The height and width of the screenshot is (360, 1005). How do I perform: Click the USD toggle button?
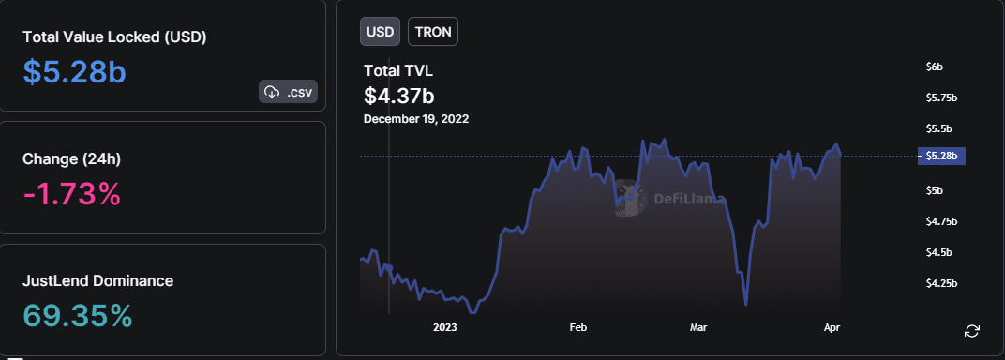click(x=380, y=31)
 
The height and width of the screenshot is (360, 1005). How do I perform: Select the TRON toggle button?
click(x=433, y=31)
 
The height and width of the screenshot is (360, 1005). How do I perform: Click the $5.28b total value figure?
click(x=74, y=72)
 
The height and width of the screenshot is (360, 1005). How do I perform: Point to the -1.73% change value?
click(x=71, y=194)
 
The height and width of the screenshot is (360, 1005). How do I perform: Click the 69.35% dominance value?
click(x=78, y=316)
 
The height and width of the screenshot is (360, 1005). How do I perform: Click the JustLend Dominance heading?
click(x=97, y=280)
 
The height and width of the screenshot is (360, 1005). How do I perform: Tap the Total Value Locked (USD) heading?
click(x=114, y=37)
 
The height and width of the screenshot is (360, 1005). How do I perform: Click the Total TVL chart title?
click(x=398, y=70)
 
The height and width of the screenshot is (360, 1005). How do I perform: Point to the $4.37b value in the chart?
click(x=398, y=95)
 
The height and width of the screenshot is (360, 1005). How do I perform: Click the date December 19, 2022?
click(x=416, y=119)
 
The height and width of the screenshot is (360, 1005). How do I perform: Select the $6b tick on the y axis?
click(x=934, y=67)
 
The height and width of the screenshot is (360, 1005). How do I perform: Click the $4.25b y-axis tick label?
click(x=941, y=283)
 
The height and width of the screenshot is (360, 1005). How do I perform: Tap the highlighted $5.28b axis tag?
click(x=941, y=156)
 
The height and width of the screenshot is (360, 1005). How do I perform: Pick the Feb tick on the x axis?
click(x=577, y=327)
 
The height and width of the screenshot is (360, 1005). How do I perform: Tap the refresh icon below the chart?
click(x=972, y=330)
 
